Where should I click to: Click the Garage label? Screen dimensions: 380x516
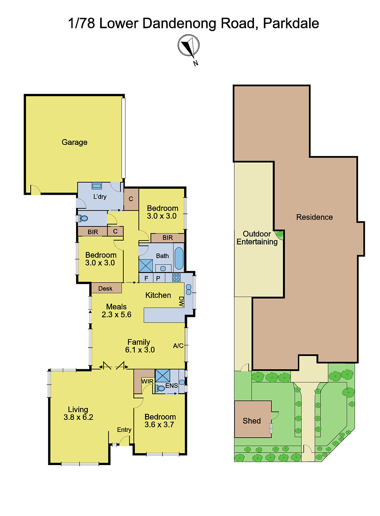pyautogui.click(x=74, y=142)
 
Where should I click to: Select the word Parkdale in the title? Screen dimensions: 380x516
pyautogui.click(x=291, y=23)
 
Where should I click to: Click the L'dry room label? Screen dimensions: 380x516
pyautogui.click(x=100, y=196)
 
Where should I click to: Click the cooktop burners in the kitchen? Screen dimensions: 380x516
pyautogui.click(x=176, y=278)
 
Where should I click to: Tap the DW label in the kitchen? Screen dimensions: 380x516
pyautogui.click(x=181, y=302)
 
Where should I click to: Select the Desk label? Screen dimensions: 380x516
pyautogui.click(x=105, y=288)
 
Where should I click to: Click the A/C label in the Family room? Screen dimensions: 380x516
pyautogui.click(x=178, y=345)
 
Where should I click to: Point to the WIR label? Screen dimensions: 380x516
pyautogui.click(x=147, y=381)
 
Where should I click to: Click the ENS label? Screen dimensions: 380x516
pyautogui.click(x=171, y=385)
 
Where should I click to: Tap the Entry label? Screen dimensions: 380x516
pyautogui.click(x=124, y=430)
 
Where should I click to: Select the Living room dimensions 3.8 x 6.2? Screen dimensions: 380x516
pyautogui.click(x=78, y=417)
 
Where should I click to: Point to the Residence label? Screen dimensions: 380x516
pyautogui.click(x=314, y=217)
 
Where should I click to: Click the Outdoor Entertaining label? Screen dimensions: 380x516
pyautogui.click(x=257, y=238)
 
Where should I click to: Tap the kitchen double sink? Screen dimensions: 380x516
pyautogui.click(x=189, y=290)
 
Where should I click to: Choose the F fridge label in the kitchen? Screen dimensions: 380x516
pyautogui.click(x=146, y=278)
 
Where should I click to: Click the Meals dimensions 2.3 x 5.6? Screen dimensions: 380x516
pyautogui.click(x=116, y=314)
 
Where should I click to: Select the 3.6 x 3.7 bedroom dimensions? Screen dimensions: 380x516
pyautogui.click(x=159, y=424)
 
